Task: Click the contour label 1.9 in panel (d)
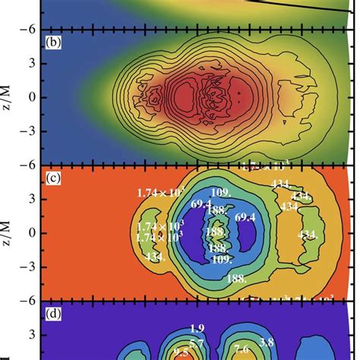[197, 328]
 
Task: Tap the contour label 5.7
[197, 344]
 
